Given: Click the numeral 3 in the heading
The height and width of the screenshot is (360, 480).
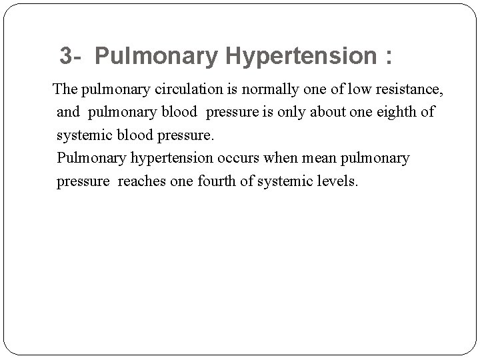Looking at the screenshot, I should tap(65, 56).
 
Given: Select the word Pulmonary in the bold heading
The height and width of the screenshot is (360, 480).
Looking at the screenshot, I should tap(156, 57).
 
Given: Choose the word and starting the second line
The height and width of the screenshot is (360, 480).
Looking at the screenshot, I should tap(68, 111).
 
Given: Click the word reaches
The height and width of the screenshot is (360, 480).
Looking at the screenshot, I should tap(143, 181).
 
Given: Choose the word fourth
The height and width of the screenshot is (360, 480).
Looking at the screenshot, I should tap(219, 181).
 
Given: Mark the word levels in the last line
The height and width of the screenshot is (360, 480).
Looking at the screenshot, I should tap(337, 181).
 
